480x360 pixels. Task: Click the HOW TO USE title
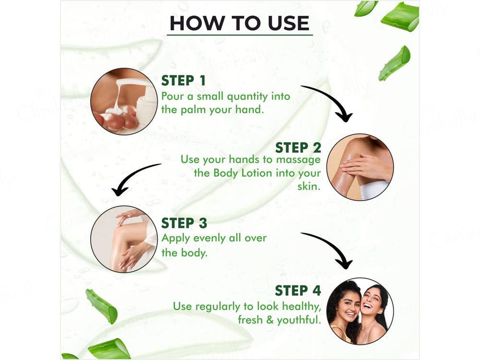pos(240,23)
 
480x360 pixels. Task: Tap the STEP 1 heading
pos(185,80)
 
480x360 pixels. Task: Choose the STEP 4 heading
pos(298,291)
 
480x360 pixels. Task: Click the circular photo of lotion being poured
pos(124,101)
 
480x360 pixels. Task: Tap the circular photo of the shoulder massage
pos(360,167)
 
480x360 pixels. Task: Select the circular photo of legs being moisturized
pos(124,239)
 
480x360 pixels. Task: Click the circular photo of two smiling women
pos(360,311)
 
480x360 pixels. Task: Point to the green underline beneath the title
pos(240,35)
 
